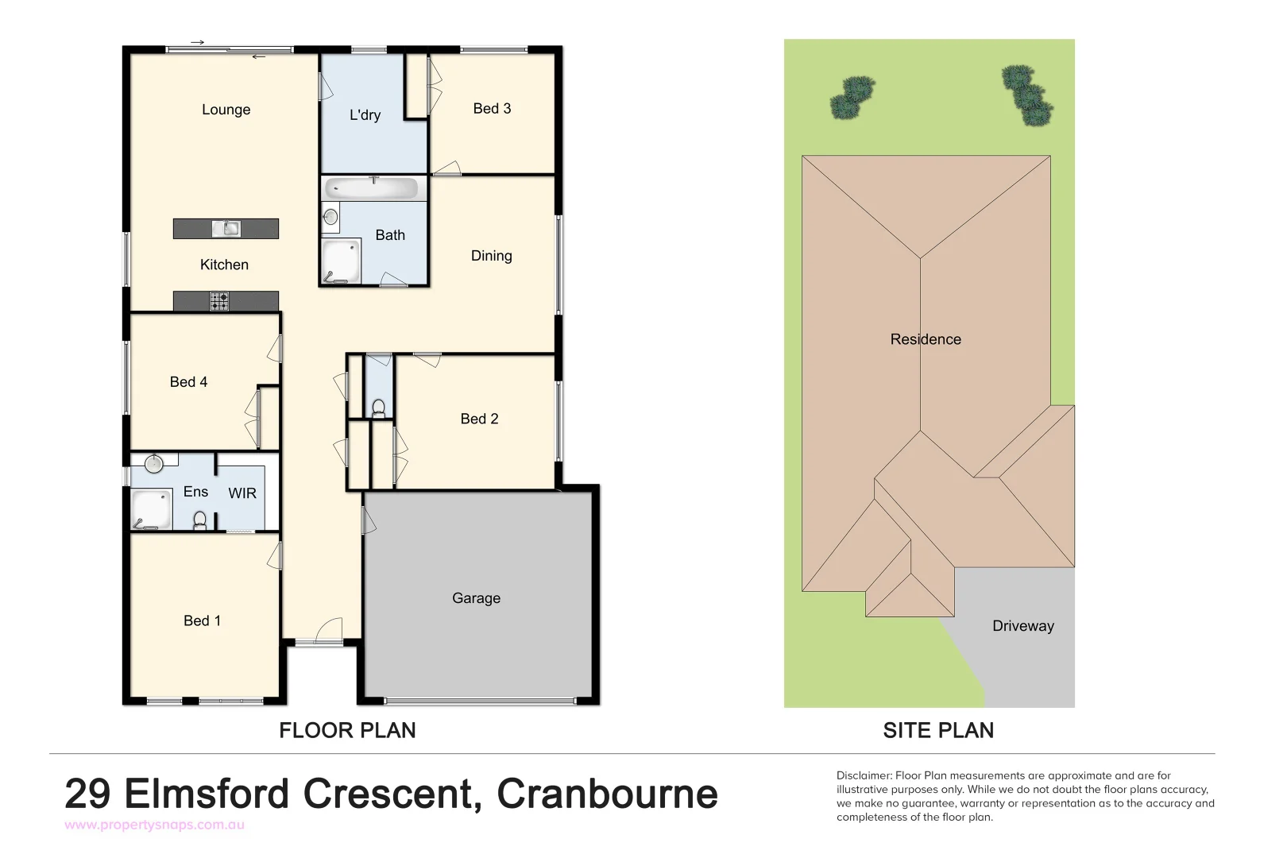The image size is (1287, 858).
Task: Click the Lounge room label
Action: (226, 110)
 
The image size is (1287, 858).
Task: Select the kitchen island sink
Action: (226, 229)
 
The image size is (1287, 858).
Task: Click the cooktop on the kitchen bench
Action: (219, 302)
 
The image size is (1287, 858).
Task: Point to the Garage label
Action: (476, 598)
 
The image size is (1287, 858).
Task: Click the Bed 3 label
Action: (492, 109)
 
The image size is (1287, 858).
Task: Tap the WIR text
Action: (242, 493)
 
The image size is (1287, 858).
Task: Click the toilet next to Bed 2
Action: (378, 408)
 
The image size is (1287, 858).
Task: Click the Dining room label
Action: (491, 256)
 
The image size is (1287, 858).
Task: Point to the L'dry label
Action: (365, 115)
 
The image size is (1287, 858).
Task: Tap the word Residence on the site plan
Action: (926, 339)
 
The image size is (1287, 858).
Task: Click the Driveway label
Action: (1022, 626)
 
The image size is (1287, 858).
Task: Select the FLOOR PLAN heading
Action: (347, 730)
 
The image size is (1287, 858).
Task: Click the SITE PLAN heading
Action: (938, 730)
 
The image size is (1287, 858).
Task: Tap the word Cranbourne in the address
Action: (607, 794)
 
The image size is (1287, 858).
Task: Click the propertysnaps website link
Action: (154, 825)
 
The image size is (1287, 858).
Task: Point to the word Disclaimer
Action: (864, 775)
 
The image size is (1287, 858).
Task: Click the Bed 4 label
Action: (188, 382)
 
